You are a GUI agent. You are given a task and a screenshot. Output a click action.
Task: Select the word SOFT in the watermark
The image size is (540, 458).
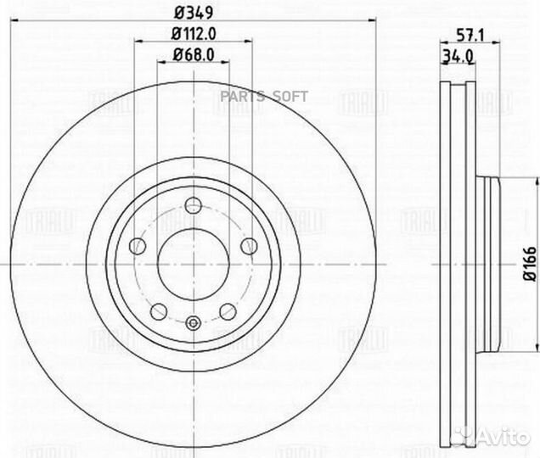point(290,97)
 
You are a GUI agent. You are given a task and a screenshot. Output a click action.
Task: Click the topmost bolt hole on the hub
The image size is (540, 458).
point(193,205)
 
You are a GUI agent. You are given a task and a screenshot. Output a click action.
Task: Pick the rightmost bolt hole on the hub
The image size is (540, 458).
point(249,246)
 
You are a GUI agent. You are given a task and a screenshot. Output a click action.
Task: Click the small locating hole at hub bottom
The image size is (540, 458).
point(193,321)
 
